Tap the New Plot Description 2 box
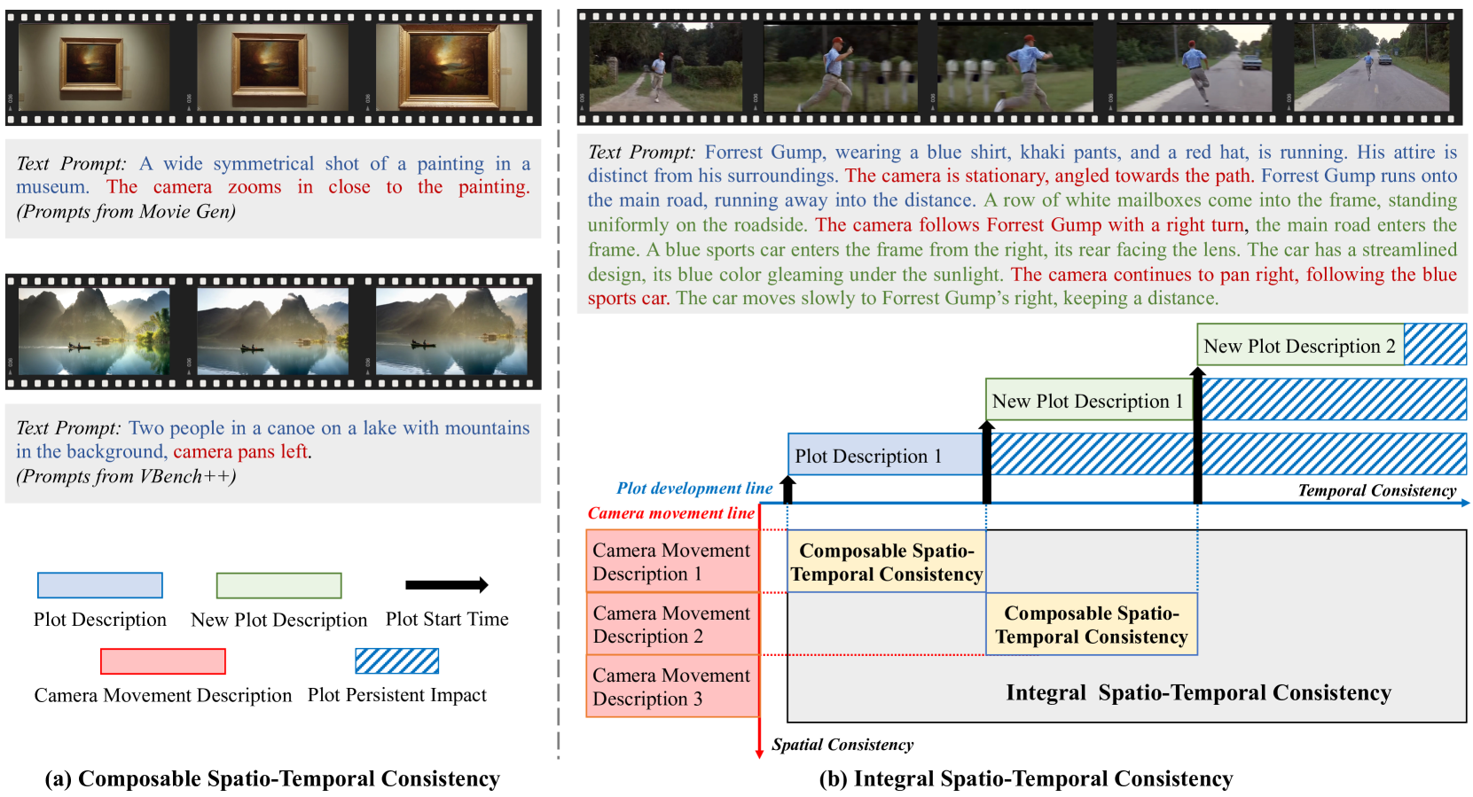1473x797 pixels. pos(1299,346)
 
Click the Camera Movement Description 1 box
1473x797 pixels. pos(672,562)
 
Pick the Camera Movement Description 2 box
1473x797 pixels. pos(672,624)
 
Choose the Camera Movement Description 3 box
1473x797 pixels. pos(672,687)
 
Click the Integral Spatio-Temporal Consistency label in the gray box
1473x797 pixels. pos(1198,692)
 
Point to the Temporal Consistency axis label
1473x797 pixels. pos(1376,490)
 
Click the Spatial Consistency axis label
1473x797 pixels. pos(842,745)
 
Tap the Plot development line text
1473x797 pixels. pos(694,488)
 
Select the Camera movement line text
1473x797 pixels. pos(670,513)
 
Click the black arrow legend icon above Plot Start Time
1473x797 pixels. pos(446,585)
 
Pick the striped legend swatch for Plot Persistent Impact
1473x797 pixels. pos(396,661)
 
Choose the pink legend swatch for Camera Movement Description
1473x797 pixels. pos(163,661)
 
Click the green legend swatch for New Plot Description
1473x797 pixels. pos(278,585)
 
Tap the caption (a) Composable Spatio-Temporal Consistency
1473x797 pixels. pos(272,778)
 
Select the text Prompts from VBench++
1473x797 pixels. pos(126,477)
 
